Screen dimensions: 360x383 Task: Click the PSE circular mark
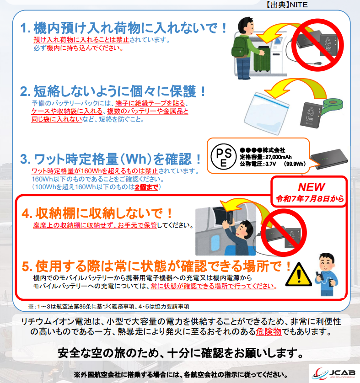click(223, 157)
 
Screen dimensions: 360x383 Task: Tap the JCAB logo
click(334, 373)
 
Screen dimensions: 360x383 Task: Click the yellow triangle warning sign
click(298, 275)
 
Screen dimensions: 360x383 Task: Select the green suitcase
click(262, 59)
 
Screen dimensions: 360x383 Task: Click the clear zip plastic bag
click(266, 112)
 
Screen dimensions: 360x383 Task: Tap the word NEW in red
click(312, 187)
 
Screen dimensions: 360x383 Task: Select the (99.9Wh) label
click(295, 164)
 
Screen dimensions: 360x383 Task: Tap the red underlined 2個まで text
click(146, 187)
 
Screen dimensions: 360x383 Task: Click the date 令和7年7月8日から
click(310, 199)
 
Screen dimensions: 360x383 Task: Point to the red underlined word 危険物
click(269, 331)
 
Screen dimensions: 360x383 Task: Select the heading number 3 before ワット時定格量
click(24, 159)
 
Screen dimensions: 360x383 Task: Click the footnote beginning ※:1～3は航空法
click(108, 306)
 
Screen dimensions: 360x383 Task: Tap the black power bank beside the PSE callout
click(329, 159)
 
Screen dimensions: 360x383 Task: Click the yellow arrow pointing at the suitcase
click(281, 33)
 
